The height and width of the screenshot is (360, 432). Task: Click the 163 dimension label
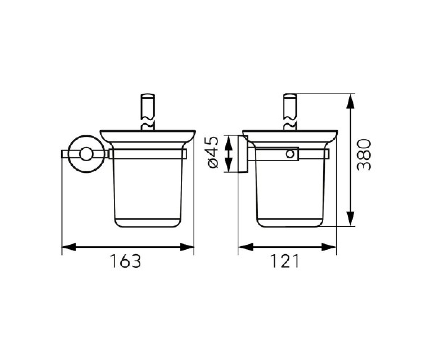pyautogui.click(x=125, y=261)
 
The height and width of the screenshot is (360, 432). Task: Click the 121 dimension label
pyautogui.click(x=284, y=261)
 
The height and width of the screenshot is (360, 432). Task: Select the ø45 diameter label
pyautogui.click(x=213, y=153)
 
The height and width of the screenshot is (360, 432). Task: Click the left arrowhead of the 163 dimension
pyautogui.click(x=69, y=247)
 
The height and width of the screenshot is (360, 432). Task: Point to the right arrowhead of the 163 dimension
pyautogui.click(x=187, y=247)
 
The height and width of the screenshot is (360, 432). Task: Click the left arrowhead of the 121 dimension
pyautogui.click(x=246, y=247)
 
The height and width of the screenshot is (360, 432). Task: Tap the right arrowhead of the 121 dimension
pyautogui.click(x=329, y=247)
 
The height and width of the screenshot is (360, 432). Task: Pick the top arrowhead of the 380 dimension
pyautogui.click(x=350, y=102)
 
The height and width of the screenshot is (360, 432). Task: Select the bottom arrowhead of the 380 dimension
pyautogui.click(x=350, y=219)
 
